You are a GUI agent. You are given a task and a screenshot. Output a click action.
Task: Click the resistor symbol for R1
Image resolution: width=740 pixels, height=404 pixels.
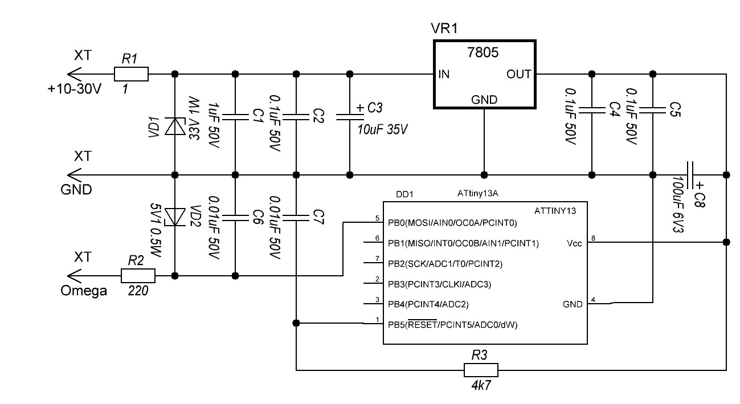[x=131, y=74]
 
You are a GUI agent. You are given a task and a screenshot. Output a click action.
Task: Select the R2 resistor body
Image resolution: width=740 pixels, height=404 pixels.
[x=138, y=276]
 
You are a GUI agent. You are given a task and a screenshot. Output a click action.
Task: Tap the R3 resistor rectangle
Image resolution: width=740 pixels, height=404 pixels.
[x=481, y=370]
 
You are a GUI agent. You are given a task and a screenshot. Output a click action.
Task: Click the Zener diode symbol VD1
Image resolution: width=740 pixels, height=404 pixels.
[x=174, y=126]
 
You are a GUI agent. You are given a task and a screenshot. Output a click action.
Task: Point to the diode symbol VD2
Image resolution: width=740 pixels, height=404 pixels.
[x=174, y=215]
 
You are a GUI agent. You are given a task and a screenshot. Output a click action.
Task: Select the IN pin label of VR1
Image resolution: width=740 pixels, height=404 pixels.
[x=444, y=75]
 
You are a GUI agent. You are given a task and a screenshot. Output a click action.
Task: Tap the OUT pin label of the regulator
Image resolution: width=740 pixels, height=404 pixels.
[x=518, y=75]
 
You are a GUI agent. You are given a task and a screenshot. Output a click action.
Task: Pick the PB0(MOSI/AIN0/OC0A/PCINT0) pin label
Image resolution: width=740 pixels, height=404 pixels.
[x=452, y=223]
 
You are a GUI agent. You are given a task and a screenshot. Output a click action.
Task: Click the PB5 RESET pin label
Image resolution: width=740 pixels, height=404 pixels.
[x=453, y=325]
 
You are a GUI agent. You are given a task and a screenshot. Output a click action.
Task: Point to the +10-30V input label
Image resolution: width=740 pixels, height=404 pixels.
[x=76, y=89]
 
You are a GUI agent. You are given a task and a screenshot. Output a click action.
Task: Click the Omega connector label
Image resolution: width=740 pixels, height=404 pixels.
[x=84, y=291]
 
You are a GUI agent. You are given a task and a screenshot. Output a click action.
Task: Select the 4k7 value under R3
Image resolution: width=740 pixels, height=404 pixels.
[x=480, y=385]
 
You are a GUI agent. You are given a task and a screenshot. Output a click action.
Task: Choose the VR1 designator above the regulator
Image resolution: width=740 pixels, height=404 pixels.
[x=444, y=29]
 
